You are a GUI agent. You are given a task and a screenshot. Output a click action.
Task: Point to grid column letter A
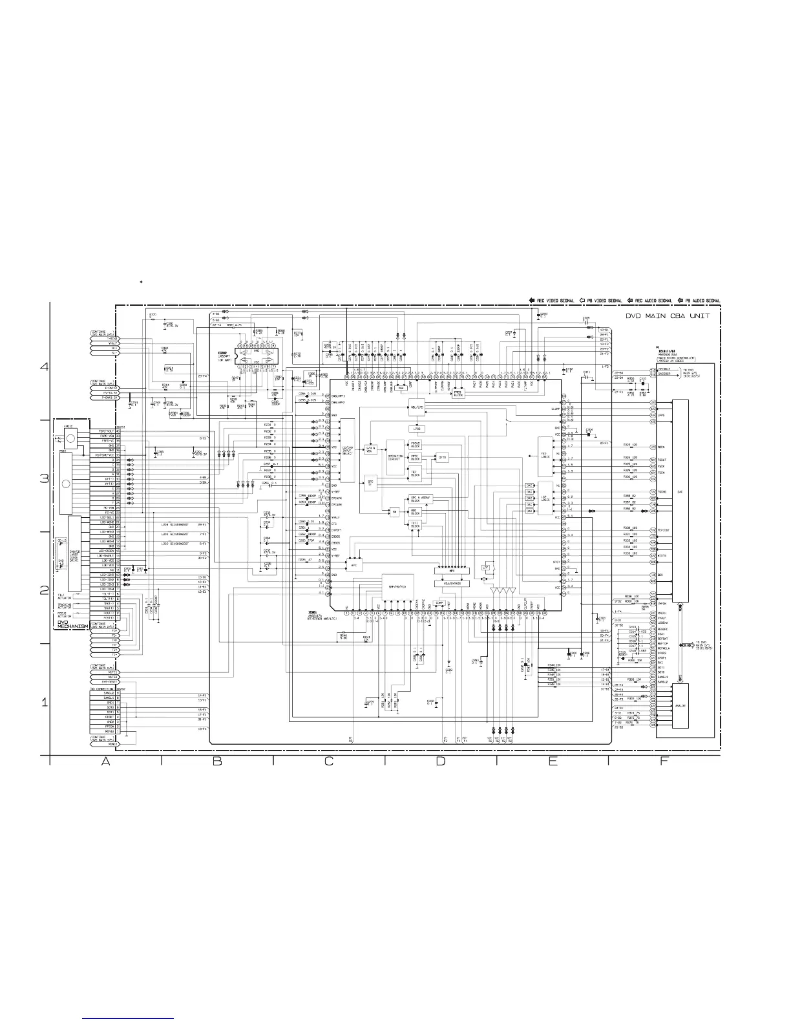pos(105,762)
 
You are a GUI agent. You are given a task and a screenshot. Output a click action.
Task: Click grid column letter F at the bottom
pos(664,762)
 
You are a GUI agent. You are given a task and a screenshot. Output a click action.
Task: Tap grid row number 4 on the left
pos(45,367)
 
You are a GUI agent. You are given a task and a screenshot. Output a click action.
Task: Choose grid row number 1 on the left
pos(45,703)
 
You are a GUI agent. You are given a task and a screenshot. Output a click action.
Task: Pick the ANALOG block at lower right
pos(680,706)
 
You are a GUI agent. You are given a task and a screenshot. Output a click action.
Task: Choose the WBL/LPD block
pos(416,408)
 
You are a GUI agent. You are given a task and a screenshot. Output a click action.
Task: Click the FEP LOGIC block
pos(543,454)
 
